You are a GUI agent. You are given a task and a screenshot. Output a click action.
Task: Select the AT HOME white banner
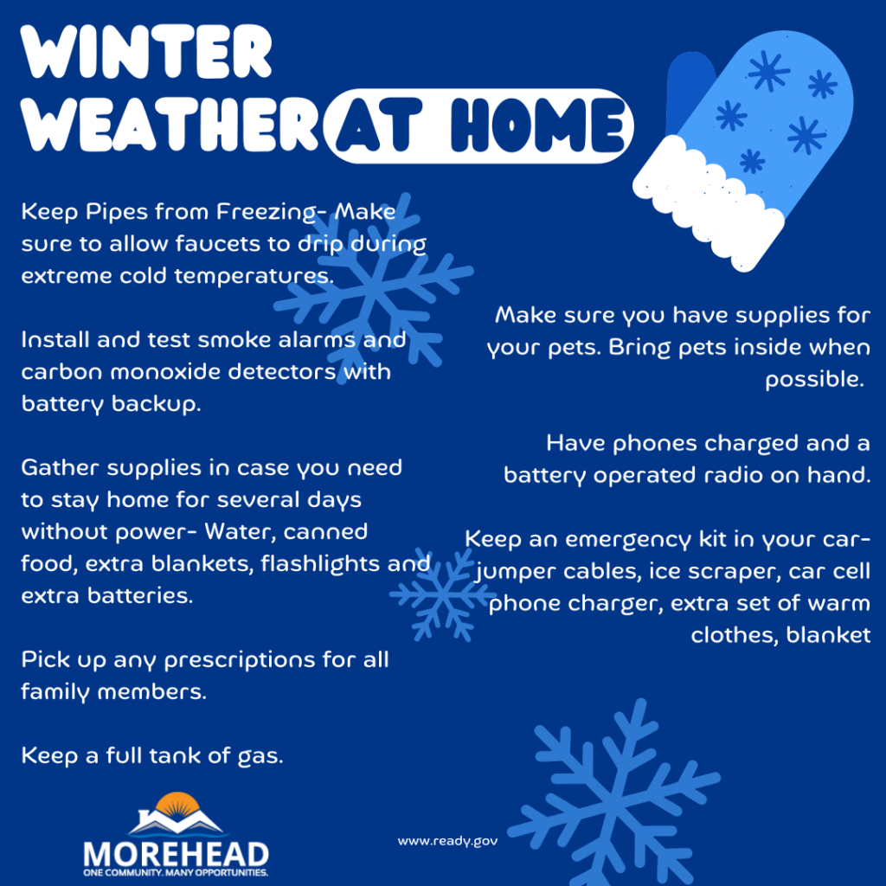(x=479, y=126)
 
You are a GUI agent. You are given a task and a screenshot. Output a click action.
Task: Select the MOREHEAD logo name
(x=176, y=852)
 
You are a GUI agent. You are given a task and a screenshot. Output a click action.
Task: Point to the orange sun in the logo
(x=176, y=801)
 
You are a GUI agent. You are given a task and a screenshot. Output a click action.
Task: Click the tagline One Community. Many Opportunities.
(x=176, y=873)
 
